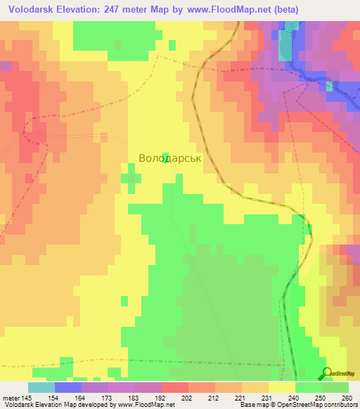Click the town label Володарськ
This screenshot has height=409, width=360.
coord(169,159)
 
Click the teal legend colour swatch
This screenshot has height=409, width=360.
coord(41,387)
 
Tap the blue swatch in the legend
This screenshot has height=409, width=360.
coord(67,387)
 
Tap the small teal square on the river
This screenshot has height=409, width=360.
coord(329,86)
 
